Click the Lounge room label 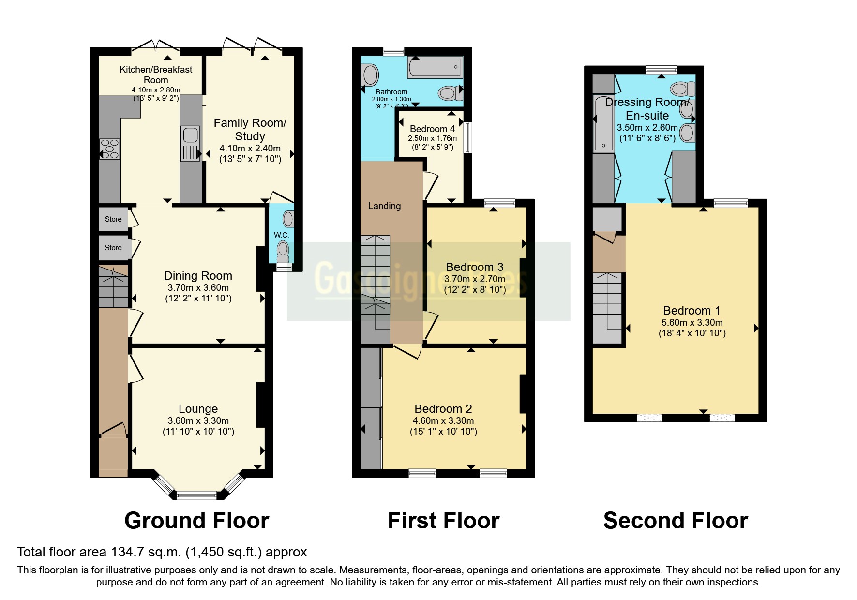pyautogui.click(x=198, y=409)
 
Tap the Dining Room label pyautogui.click(x=198, y=276)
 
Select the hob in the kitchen pyautogui.click(x=109, y=149)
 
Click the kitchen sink pyautogui.click(x=190, y=143)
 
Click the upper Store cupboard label pyautogui.click(x=113, y=219)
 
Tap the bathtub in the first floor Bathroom pyautogui.click(x=435, y=67)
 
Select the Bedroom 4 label pyautogui.click(x=432, y=129)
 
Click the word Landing pyautogui.click(x=384, y=206)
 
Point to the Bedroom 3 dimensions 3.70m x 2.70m pyautogui.click(x=475, y=279)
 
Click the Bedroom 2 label pyautogui.click(x=443, y=409)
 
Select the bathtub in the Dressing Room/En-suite pyautogui.click(x=603, y=124)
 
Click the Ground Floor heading pyautogui.click(x=196, y=521)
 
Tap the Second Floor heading pyautogui.click(x=676, y=521)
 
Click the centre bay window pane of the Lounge pyautogui.click(x=196, y=495)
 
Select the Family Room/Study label pyautogui.click(x=250, y=129)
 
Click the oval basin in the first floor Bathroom pyautogui.click(x=371, y=76)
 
